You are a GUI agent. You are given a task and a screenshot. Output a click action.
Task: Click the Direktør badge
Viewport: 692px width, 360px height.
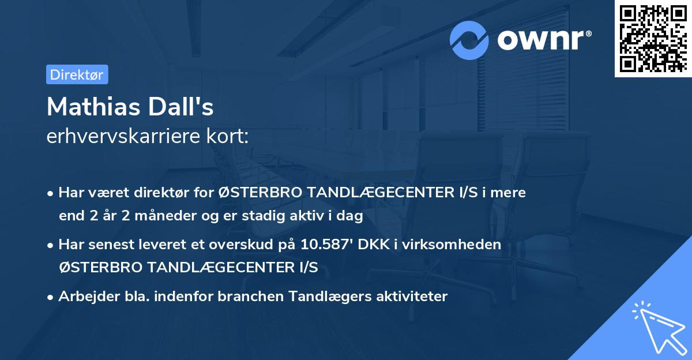point(77,74)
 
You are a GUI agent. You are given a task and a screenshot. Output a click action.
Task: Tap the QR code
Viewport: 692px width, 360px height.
point(653,38)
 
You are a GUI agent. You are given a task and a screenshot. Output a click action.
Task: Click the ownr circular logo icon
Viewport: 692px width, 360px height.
point(469,40)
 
